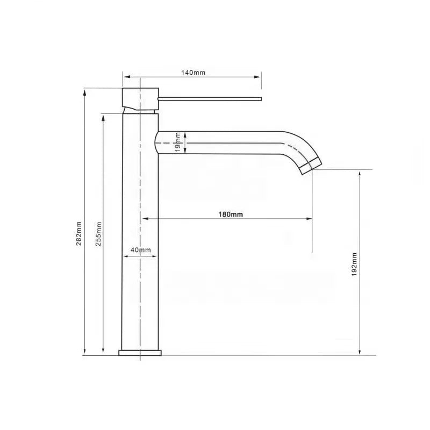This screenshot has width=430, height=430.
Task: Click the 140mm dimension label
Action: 193,73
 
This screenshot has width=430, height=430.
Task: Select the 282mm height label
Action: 79,233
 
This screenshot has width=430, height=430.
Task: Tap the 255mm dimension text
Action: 99,234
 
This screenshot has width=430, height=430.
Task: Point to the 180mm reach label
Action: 231,214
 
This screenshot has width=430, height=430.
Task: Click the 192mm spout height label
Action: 354,264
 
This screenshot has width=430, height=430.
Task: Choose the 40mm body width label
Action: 141,250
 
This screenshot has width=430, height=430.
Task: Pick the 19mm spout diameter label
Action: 178,142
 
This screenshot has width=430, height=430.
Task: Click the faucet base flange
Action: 140,353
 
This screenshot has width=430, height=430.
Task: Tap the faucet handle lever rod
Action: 210,99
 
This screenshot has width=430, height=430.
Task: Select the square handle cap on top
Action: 140,99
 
